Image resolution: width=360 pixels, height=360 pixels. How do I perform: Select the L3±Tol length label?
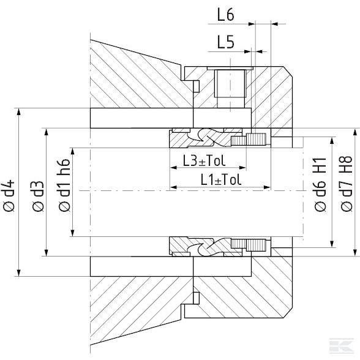coord(204,161)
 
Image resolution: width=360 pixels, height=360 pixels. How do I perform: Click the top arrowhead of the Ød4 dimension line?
coord(20,112)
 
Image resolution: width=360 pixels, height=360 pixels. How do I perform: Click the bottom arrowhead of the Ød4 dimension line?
coord(20,272)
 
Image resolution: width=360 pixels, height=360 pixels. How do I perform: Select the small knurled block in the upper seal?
coord(256,139)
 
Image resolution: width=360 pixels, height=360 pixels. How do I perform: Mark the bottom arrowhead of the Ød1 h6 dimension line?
coord(73,233)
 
